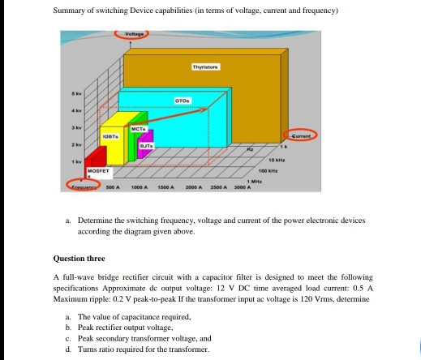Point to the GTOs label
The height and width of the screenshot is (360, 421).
point(182,98)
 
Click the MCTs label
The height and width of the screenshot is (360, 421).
point(137,127)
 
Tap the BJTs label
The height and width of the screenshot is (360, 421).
point(146,144)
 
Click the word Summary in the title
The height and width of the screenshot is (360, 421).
point(68,11)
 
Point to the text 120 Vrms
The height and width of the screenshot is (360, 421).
point(311,298)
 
